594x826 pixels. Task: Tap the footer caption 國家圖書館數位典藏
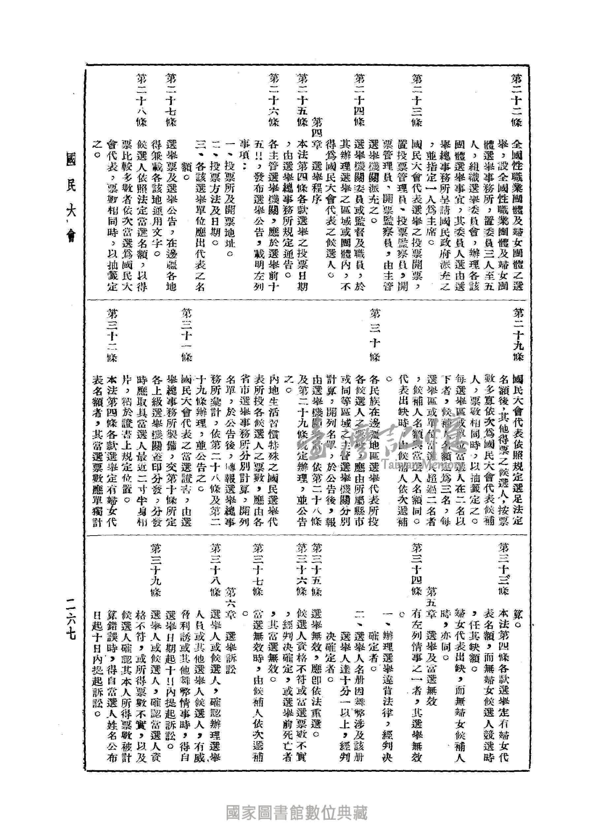297,812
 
